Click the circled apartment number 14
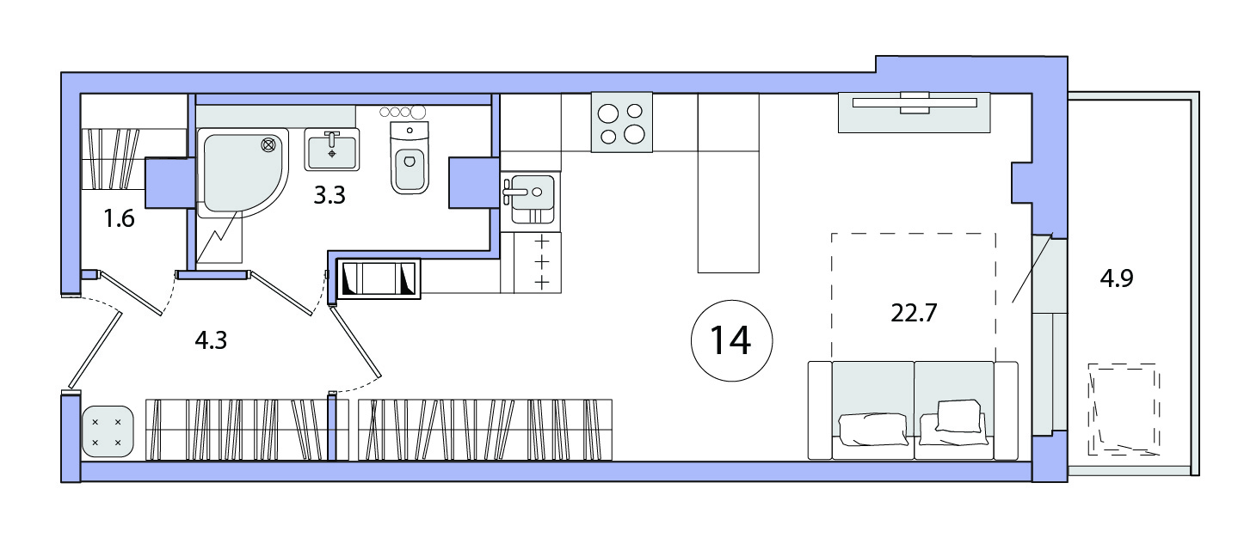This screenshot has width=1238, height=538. [x=731, y=341]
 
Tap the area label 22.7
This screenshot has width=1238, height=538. [x=914, y=313]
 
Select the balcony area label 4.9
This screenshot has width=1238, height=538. [x=1117, y=278]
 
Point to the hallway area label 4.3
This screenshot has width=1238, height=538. [x=211, y=340]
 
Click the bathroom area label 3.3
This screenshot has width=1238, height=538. [x=330, y=195]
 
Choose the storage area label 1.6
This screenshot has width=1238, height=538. [x=120, y=219]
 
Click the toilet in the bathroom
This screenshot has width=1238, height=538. [x=410, y=157]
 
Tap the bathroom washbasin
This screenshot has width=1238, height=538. [x=331, y=150]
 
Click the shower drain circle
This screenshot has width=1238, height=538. [x=268, y=145]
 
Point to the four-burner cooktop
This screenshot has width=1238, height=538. [x=622, y=122]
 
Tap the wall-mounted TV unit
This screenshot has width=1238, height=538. [x=915, y=113]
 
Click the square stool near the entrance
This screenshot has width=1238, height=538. [x=108, y=432]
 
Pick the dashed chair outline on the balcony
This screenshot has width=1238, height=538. [x=1124, y=409]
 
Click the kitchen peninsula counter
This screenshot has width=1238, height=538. [x=729, y=183]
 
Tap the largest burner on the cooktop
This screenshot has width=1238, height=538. [x=634, y=134]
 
